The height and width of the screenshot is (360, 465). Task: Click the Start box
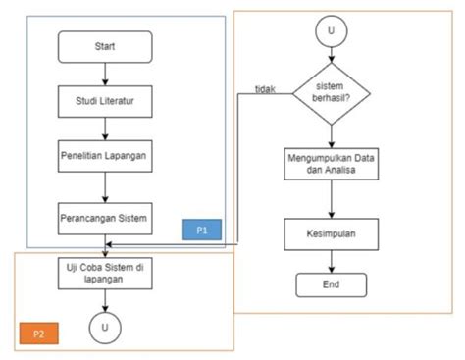(x=105, y=46)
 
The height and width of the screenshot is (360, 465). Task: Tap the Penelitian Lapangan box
(x=105, y=157)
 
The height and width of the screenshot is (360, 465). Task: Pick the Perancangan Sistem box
(x=105, y=218)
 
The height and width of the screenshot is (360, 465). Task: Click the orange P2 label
(x=39, y=334)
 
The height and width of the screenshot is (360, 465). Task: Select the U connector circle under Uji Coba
(x=105, y=325)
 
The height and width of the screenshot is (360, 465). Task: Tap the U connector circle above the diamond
(x=333, y=30)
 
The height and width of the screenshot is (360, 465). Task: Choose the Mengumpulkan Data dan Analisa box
(x=333, y=163)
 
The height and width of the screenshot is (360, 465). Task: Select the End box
(x=333, y=285)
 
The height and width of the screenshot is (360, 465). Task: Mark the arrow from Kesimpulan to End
(x=333, y=259)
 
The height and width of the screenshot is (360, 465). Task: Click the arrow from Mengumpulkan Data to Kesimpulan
(x=333, y=198)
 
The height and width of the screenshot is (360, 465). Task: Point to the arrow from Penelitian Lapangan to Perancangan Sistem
(x=105, y=186)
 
